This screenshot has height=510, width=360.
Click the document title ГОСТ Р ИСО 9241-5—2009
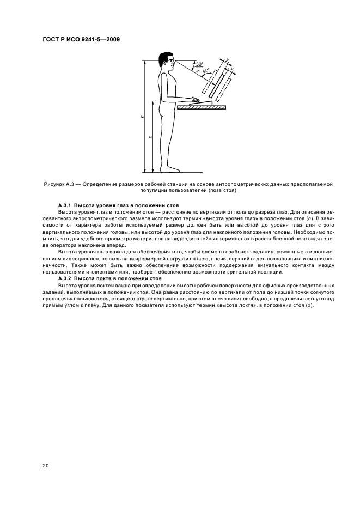tap(82, 39)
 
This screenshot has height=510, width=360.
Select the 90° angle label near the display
tap(205, 71)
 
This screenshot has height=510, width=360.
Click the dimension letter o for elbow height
tap(150, 136)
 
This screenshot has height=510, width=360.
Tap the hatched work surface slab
tap(201, 108)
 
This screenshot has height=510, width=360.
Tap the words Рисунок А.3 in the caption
tap(57, 184)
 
